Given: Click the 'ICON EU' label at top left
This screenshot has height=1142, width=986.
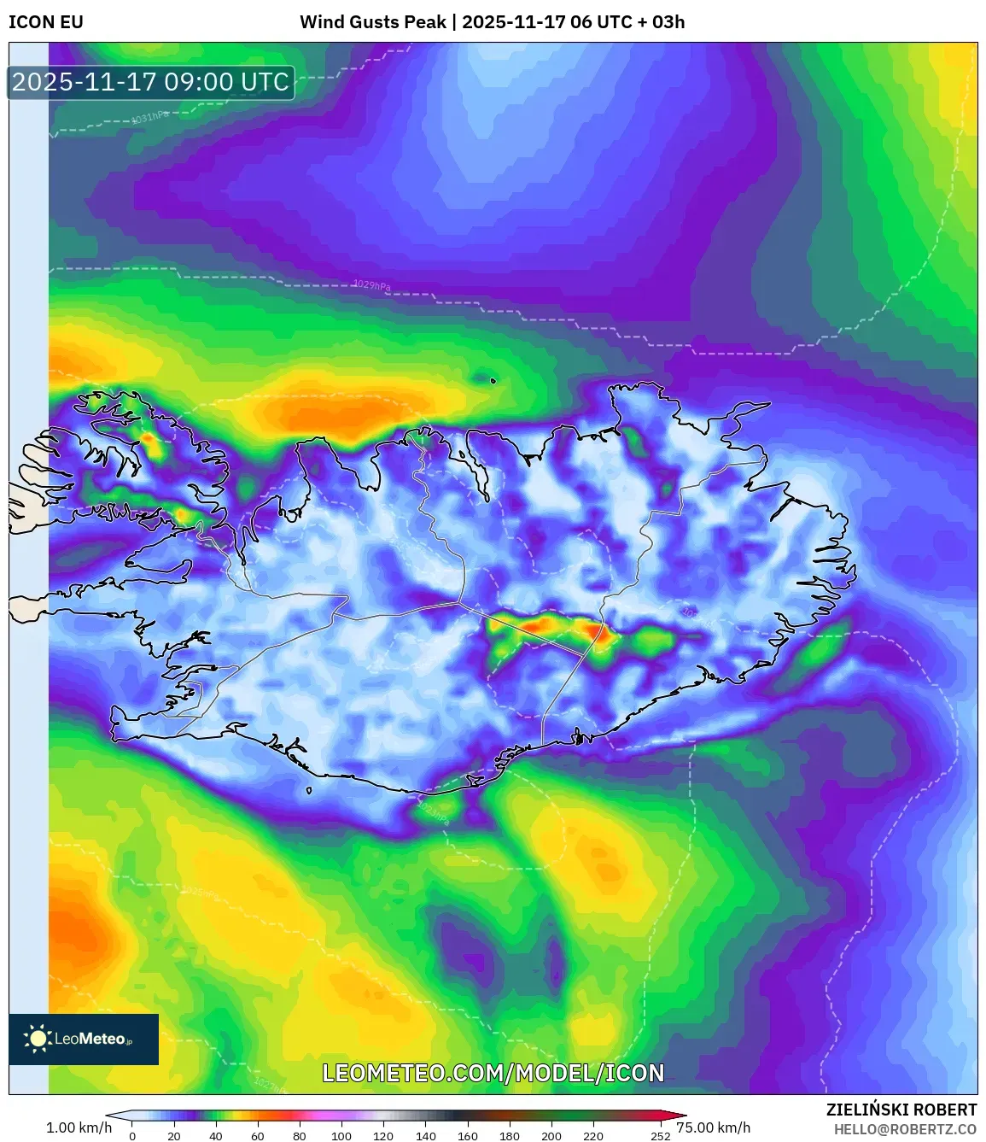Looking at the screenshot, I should (x=46, y=22).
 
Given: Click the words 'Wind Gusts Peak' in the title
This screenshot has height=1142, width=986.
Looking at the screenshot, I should (x=372, y=22).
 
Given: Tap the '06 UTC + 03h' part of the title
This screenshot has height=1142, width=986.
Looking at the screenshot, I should (x=627, y=22).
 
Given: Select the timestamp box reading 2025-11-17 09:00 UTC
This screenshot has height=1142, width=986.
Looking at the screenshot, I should (x=151, y=83).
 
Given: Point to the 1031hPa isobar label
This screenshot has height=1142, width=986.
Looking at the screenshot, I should (x=150, y=117).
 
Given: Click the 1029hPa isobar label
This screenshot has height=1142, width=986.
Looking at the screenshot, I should (x=371, y=284).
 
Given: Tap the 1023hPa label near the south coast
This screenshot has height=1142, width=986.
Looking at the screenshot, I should (x=433, y=812).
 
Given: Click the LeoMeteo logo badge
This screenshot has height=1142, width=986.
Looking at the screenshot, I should (x=84, y=1039).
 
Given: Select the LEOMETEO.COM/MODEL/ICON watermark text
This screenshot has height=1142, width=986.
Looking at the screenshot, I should (x=493, y=1074).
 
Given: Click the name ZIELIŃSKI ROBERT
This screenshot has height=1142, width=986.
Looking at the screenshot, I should (x=901, y=1110).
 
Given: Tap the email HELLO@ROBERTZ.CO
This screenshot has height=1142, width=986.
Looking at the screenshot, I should (x=905, y=1129).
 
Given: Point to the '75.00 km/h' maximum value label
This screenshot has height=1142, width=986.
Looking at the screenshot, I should (x=714, y=1127).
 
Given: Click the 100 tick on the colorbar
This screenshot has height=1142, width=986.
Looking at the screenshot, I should (x=341, y=1136).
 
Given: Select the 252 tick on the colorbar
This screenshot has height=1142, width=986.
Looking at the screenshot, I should (x=660, y=1136).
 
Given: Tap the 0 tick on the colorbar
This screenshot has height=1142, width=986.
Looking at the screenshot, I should (x=132, y=1136).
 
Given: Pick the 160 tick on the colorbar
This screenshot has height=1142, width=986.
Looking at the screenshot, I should (x=467, y=1136).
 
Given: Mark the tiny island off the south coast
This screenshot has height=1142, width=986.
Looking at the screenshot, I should (x=309, y=790).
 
